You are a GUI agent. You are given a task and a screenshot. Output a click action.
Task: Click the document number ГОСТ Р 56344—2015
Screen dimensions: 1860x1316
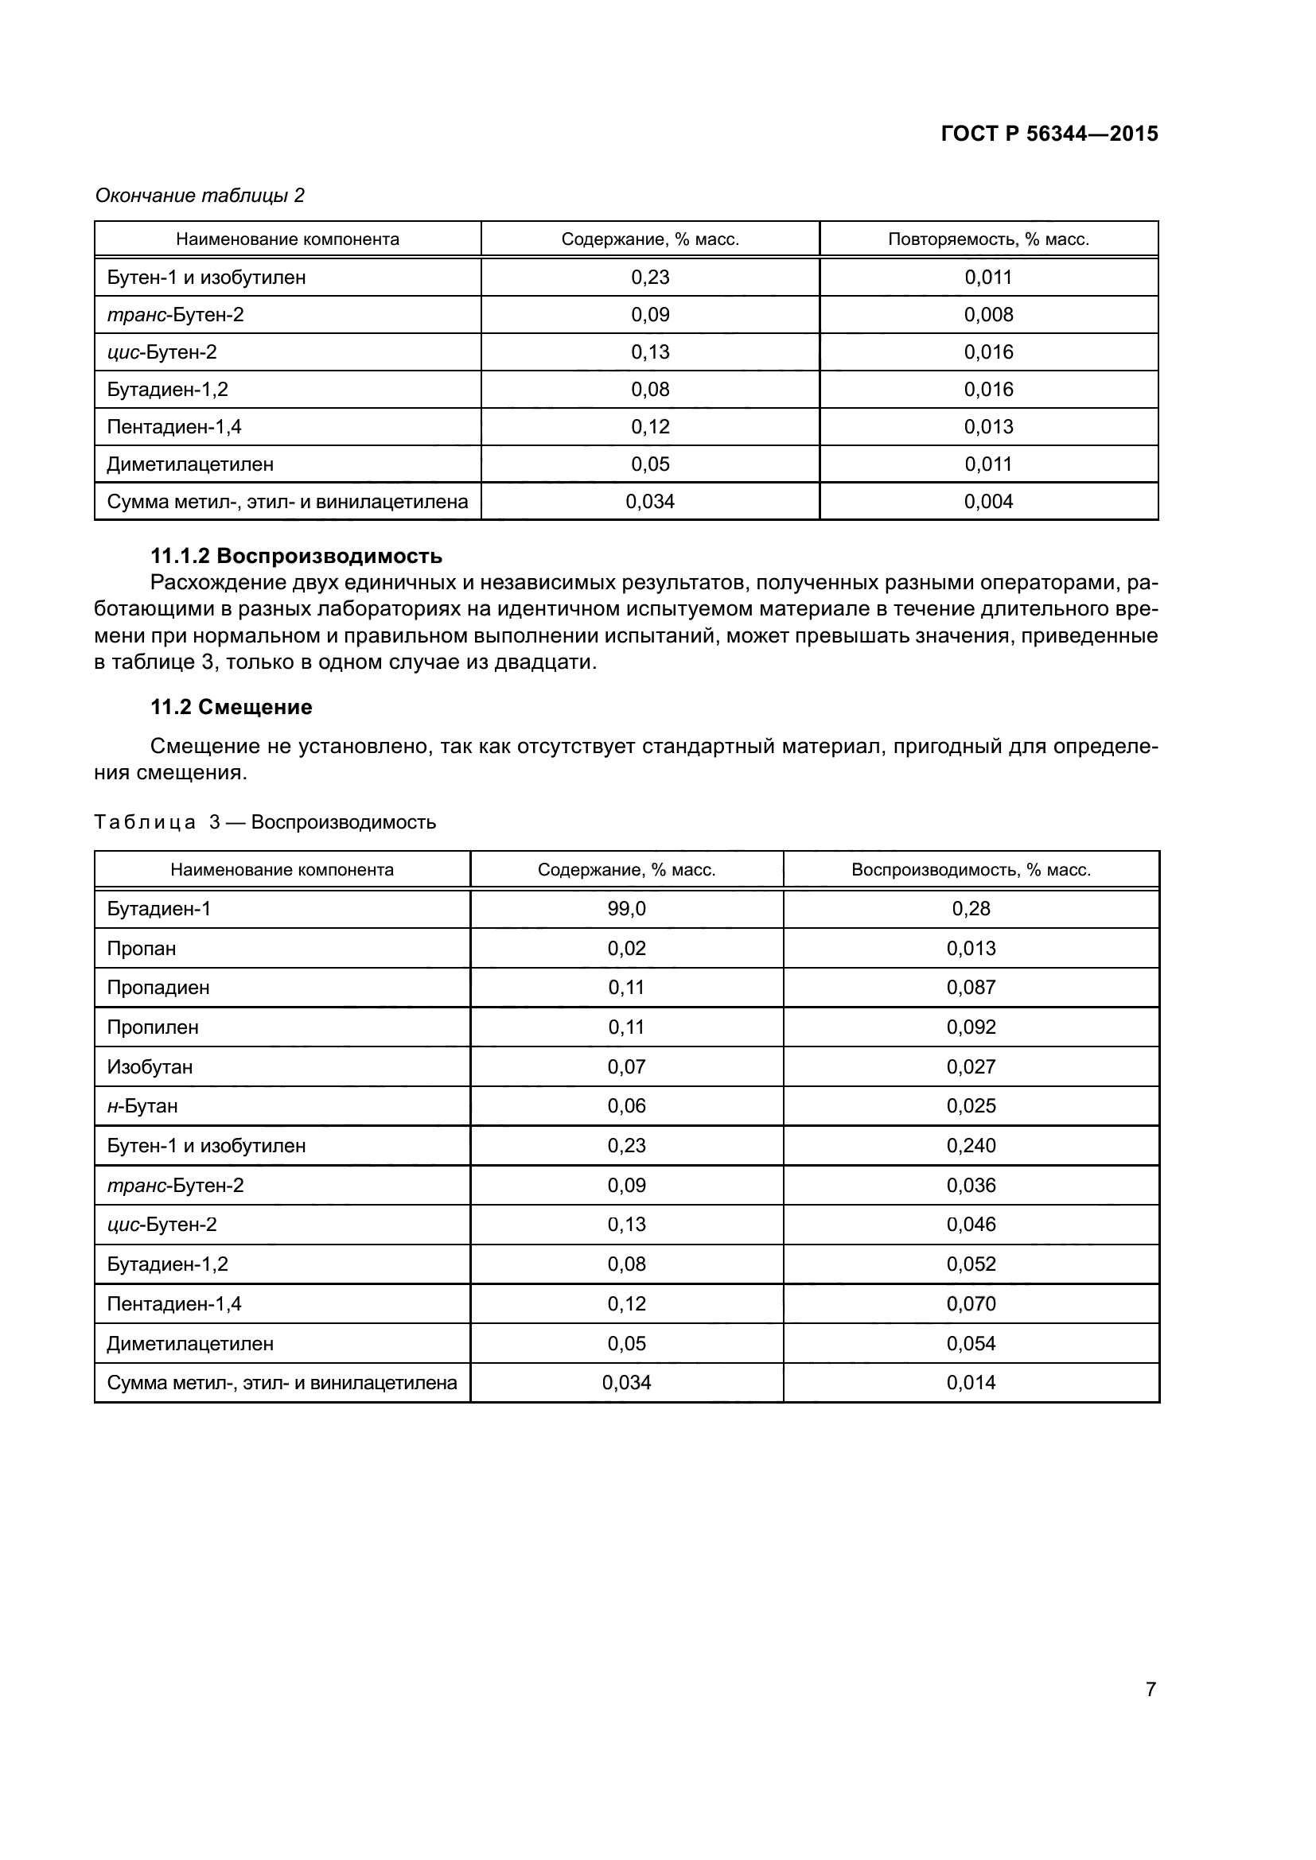(x=1049, y=134)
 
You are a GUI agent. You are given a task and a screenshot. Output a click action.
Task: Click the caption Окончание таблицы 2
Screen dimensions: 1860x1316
(x=200, y=196)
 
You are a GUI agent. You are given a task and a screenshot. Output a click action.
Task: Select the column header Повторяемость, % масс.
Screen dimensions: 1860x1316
(x=988, y=239)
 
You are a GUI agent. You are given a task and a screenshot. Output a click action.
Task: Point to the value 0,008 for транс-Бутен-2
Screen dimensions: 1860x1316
(x=988, y=314)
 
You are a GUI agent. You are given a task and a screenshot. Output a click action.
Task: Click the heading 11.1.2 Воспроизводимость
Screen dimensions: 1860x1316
(x=297, y=556)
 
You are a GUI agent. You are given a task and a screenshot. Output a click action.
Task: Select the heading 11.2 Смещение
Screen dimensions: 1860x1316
(x=231, y=707)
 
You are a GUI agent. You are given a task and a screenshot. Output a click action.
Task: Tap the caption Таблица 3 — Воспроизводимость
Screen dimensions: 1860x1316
(x=265, y=822)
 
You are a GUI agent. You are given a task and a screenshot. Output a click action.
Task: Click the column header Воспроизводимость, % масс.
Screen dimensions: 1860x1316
(x=971, y=870)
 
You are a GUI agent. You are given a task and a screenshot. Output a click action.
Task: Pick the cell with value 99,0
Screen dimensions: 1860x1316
(x=626, y=909)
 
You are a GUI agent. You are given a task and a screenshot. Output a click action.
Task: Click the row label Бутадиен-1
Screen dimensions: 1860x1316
(x=159, y=909)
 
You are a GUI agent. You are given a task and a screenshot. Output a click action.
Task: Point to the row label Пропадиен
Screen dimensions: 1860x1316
(x=158, y=988)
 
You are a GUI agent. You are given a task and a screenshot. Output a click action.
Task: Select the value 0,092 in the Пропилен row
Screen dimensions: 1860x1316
(x=971, y=1027)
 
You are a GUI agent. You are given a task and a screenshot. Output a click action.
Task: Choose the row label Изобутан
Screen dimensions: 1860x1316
(x=150, y=1067)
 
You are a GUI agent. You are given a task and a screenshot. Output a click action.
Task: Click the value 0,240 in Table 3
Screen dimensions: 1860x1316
(x=971, y=1145)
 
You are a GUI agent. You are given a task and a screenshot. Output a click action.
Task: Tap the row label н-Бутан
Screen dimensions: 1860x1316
(x=142, y=1106)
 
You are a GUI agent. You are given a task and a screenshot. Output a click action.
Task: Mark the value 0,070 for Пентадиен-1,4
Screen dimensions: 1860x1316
(x=971, y=1303)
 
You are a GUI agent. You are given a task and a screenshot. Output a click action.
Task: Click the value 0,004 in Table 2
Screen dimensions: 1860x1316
(x=988, y=502)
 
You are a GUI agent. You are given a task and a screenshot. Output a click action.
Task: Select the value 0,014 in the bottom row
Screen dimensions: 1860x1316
(x=971, y=1382)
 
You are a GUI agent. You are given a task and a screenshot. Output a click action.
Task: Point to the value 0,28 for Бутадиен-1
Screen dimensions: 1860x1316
(x=971, y=909)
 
